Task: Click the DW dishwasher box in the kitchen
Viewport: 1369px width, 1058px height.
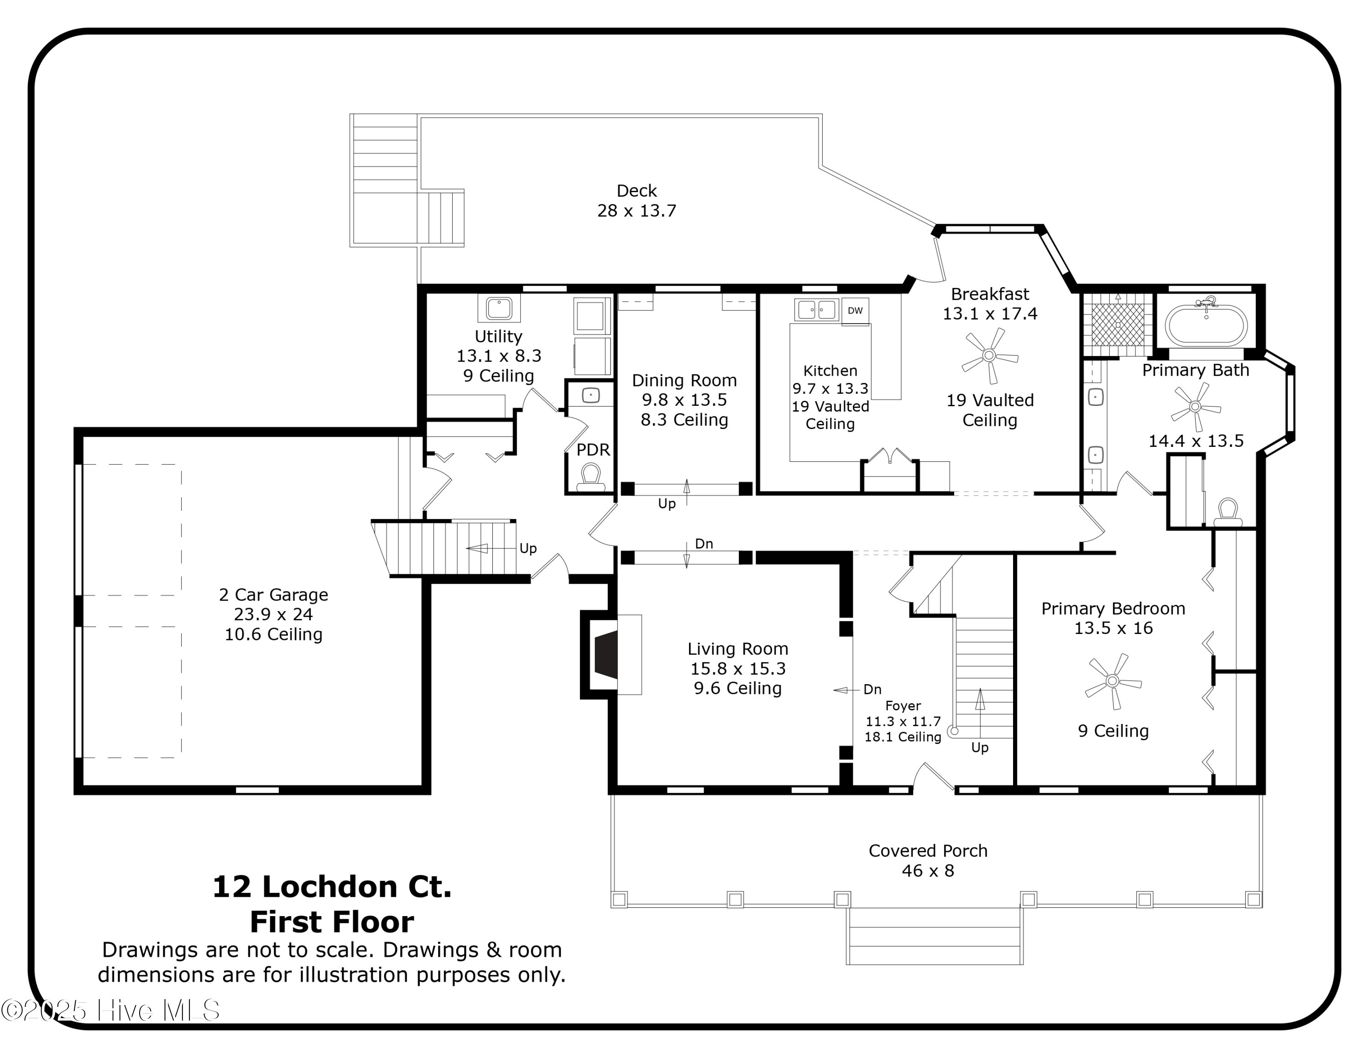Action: coord(855,311)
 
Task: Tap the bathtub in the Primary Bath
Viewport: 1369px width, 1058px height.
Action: coord(1206,325)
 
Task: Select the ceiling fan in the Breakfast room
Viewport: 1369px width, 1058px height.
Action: coord(989,356)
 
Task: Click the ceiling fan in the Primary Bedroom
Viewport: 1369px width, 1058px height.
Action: coord(1113,681)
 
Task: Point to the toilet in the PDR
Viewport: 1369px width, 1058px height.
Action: coord(590,477)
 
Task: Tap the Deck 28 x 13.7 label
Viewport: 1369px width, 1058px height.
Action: coord(637,200)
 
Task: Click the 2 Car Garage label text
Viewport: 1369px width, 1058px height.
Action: coord(273,595)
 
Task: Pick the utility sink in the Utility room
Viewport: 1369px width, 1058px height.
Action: coord(499,309)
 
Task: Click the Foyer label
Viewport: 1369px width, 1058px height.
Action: coord(903,706)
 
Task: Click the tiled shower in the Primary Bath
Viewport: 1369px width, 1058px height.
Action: coord(1118,325)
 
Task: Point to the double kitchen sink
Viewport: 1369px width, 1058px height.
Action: coord(816,309)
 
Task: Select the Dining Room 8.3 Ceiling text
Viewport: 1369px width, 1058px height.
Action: coord(684,420)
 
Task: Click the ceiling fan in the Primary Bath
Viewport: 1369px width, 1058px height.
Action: coord(1195,407)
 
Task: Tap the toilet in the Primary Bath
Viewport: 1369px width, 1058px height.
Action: coord(1228,513)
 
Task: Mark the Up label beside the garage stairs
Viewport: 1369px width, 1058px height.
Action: coord(528,549)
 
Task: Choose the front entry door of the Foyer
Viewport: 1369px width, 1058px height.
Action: coord(933,778)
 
